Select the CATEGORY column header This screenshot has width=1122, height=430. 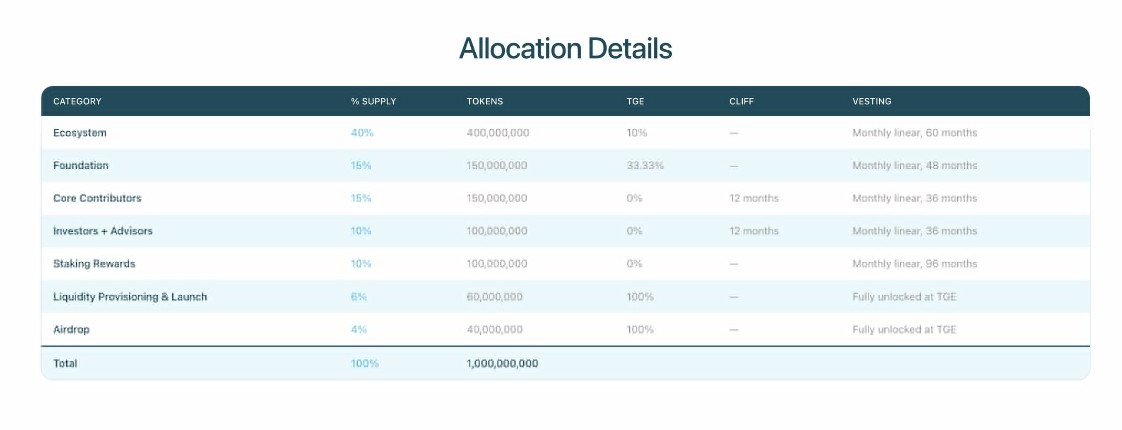pos(77,101)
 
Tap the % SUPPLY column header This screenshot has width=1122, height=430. pos(373,101)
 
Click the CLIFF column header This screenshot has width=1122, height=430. pos(742,101)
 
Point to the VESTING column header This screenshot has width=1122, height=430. pos(872,101)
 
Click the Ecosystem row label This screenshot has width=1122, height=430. pos(80,133)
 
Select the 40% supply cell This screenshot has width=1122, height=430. pos(362,133)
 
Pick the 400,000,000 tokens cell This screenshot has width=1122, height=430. pos(498,133)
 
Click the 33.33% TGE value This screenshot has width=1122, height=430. pos(645,166)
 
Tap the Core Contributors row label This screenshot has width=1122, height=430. pos(97,198)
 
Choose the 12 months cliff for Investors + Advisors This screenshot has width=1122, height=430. pos(754,231)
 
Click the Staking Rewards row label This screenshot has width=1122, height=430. pos(94,263)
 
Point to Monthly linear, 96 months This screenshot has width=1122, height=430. pos(915,263)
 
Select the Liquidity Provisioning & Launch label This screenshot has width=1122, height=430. pos(130,297)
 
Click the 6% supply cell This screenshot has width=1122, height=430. pos(359,297)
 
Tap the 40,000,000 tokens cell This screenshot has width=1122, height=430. pos(494,329)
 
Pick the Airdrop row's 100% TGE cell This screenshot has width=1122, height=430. pos(640,329)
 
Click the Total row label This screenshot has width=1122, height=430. pos(65,363)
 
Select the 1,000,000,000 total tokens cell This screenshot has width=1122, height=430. pos(502,363)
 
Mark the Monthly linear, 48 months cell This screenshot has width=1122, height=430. pos(915,166)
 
